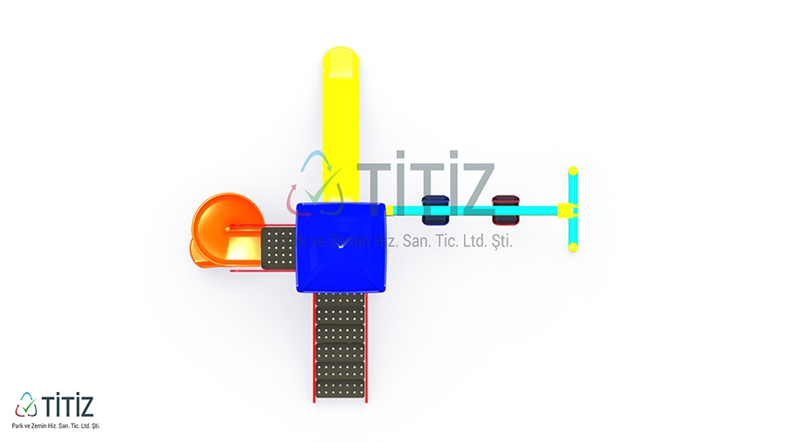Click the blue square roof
(341, 247)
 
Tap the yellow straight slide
(341, 125)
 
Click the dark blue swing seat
(435, 210)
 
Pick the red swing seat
(506, 210)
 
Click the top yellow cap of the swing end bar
(573, 171)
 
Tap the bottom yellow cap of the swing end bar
(573, 246)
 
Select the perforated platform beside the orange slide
(278, 249)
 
